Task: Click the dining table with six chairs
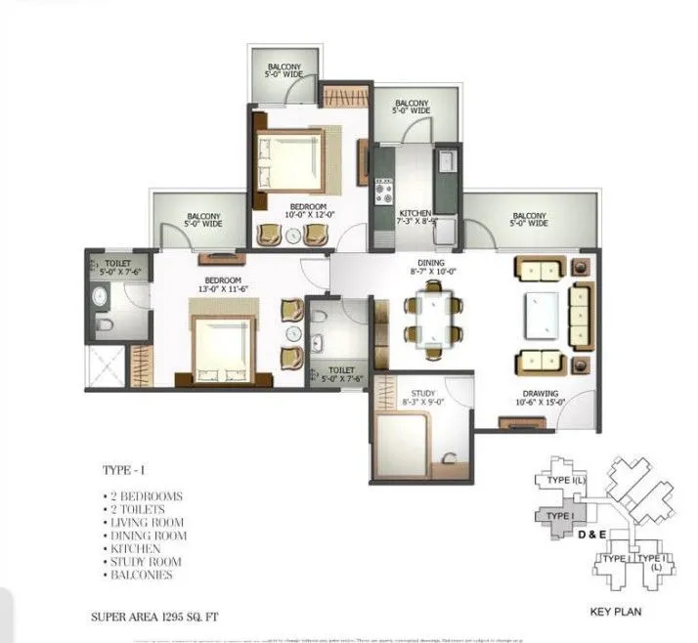point(432,314)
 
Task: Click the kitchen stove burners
point(384,192)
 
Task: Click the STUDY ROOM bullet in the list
point(147,562)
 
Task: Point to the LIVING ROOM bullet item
point(149,522)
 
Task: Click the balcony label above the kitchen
point(411,107)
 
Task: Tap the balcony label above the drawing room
point(528,219)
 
